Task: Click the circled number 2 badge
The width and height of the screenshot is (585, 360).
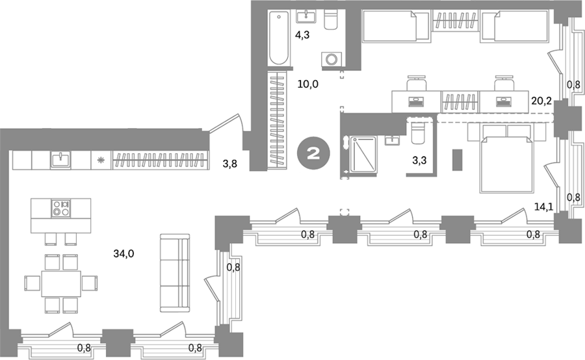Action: [314, 153]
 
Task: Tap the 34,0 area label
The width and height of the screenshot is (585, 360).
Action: [124, 254]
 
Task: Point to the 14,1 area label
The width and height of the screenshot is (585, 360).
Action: [543, 207]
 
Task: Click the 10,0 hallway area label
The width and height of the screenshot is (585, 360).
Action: [308, 84]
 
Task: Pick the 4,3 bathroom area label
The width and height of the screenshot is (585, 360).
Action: [302, 36]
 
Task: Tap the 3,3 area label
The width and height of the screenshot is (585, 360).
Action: [419, 161]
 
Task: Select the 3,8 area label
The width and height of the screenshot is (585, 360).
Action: [230, 163]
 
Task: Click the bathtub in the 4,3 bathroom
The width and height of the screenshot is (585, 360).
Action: [278, 39]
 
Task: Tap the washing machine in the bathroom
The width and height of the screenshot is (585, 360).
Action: [331, 59]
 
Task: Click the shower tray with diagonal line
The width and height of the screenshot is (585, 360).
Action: [363, 154]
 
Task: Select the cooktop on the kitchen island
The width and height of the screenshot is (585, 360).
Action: [61, 209]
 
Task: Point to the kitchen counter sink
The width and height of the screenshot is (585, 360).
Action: [60, 160]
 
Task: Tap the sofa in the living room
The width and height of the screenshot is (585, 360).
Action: [175, 273]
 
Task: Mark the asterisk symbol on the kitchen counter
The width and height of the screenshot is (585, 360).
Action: [100, 161]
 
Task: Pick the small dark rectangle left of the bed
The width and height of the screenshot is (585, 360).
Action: [457, 160]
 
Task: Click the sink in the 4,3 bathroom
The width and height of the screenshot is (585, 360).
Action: [306, 16]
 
